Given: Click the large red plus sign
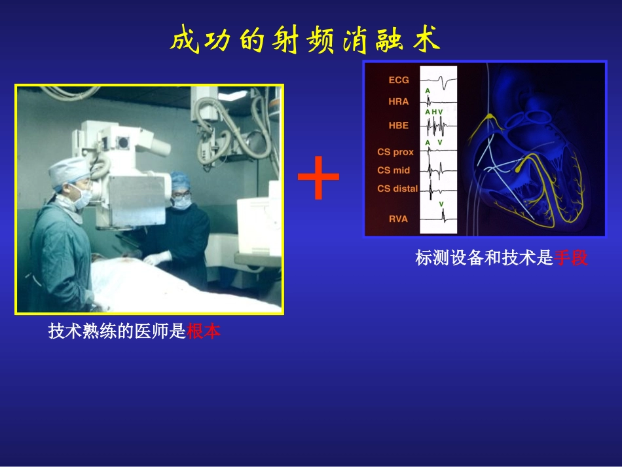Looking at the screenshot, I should pyautogui.click(x=318, y=177).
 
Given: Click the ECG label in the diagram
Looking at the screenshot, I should pyautogui.click(x=399, y=80).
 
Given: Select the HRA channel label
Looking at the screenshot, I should pyautogui.click(x=398, y=102).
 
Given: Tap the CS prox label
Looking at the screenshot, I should pyautogui.click(x=395, y=152).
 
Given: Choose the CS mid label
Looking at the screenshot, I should pyautogui.click(x=393, y=170).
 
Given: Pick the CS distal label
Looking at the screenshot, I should pyautogui.click(x=397, y=189).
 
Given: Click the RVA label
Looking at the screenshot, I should pyautogui.click(x=398, y=219).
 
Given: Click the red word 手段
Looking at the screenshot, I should pyautogui.click(x=571, y=259).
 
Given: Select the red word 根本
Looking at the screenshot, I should pyautogui.click(x=204, y=332).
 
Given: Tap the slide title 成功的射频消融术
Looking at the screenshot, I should pyautogui.click(x=305, y=40).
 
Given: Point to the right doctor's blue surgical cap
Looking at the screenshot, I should pyautogui.click(x=180, y=179).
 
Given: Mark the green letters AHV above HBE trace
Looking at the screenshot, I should pyautogui.click(x=434, y=112).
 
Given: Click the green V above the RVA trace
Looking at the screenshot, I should pyautogui.click(x=441, y=204).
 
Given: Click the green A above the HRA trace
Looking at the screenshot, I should pyautogui.click(x=428, y=90).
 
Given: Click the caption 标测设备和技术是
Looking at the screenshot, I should pyautogui.click(x=485, y=259).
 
